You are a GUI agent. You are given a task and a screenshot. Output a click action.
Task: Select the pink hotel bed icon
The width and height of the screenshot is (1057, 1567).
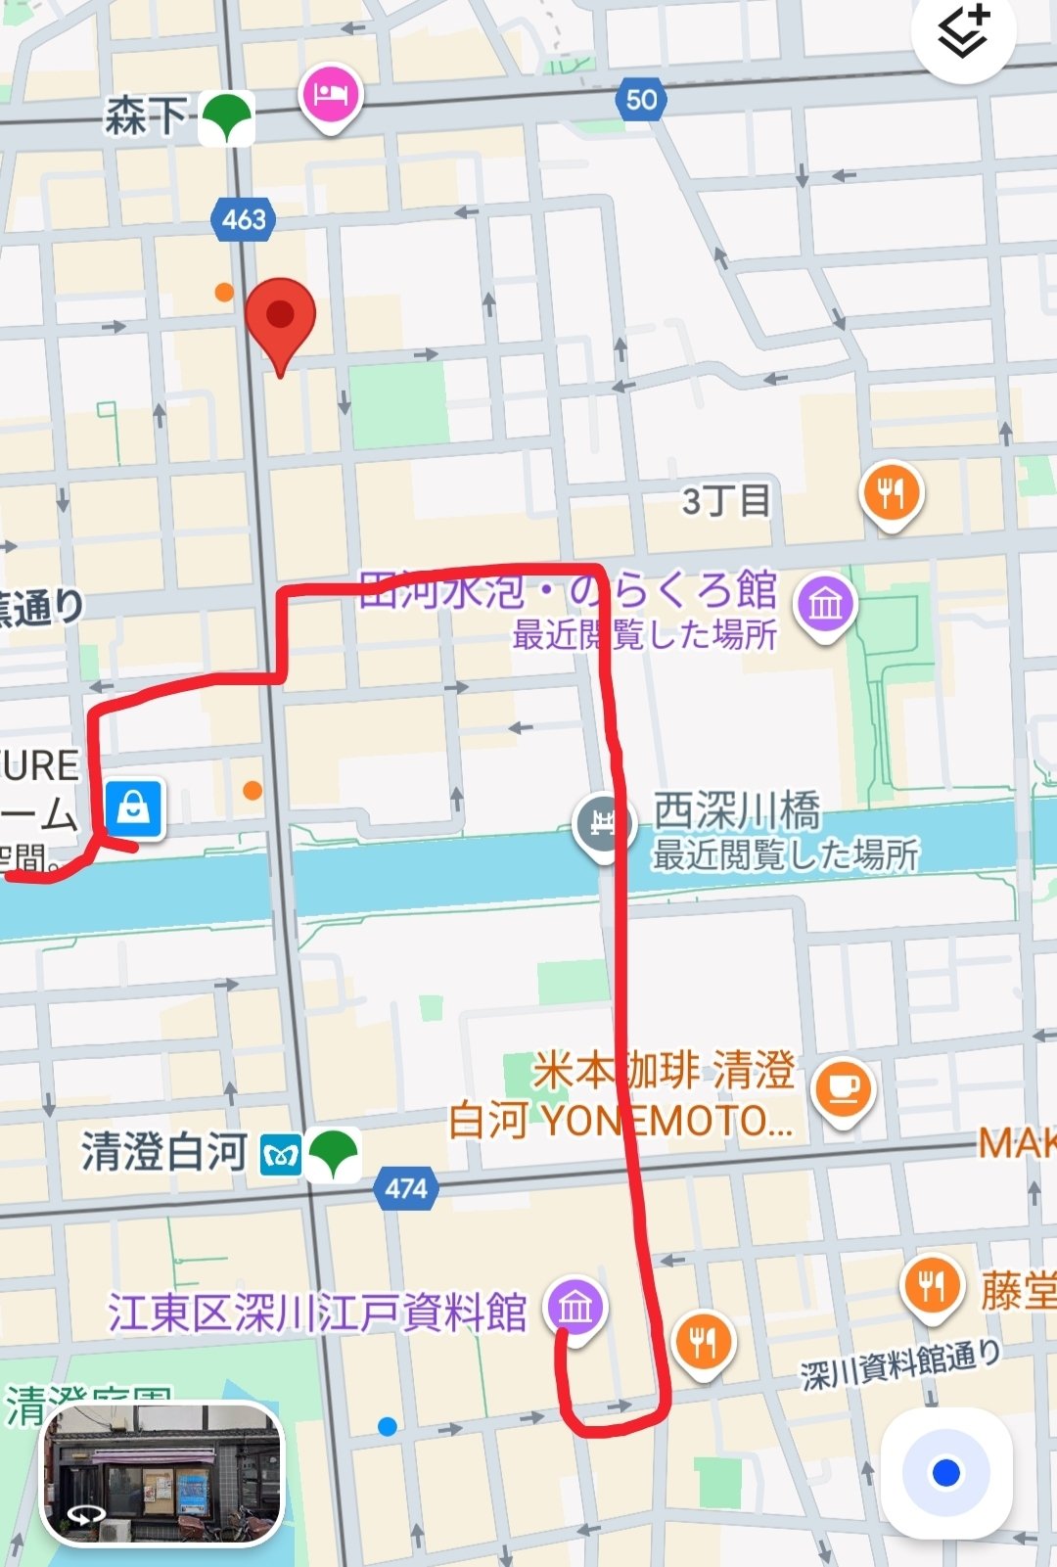(x=331, y=95)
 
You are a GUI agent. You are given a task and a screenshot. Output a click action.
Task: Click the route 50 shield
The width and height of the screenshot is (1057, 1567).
(x=641, y=99)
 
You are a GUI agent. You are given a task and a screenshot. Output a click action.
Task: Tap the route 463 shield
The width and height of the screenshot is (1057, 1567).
(x=243, y=219)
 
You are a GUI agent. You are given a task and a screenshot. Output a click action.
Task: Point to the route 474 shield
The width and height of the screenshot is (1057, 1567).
(x=405, y=1188)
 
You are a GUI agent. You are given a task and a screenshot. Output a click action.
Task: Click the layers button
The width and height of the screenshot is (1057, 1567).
(x=963, y=33)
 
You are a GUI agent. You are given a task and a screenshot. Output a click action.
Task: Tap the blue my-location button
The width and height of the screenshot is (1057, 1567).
(x=945, y=1472)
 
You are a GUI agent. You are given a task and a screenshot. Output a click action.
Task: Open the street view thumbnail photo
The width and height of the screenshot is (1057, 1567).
(x=162, y=1474)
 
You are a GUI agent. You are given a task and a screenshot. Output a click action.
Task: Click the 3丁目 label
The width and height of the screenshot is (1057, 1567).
(x=726, y=501)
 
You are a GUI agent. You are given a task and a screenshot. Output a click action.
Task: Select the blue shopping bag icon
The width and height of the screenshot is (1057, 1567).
(x=133, y=808)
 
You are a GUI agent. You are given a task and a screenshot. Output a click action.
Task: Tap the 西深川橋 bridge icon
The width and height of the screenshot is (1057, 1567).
(x=600, y=823)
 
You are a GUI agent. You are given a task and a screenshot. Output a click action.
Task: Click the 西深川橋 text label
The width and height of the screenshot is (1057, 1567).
(x=736, y=811)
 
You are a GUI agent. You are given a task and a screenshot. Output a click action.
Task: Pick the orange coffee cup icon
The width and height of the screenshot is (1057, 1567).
(x=843, y=1088)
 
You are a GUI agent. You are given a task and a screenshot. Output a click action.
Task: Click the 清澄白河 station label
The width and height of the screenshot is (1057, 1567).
(x=163, y=1152)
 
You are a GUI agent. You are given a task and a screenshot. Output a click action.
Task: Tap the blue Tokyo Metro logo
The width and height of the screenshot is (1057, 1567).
(x=281, y=1157)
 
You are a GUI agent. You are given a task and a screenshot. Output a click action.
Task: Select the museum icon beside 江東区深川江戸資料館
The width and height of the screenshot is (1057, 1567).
(x=576, y=1308)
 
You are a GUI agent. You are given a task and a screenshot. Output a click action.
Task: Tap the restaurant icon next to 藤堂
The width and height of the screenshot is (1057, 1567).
(x=931, y=1285)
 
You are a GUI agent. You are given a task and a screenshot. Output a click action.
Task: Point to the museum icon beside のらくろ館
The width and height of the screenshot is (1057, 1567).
(x=825, y=603)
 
